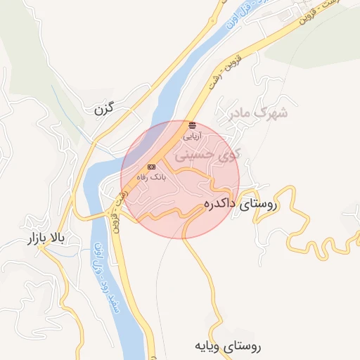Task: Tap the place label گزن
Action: click(103, 110)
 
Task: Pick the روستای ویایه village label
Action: click(229, 347)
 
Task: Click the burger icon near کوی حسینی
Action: click(193, 124)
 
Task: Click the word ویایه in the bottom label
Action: click(210, 347)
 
